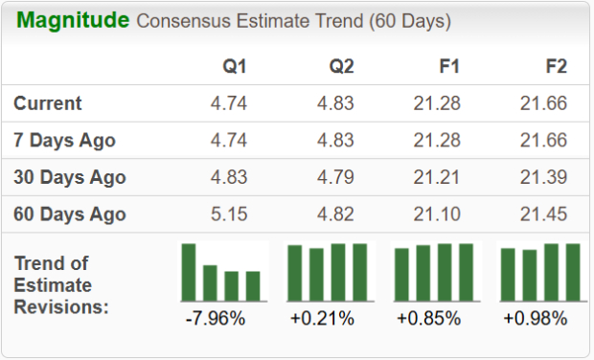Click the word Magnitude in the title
click(73, 21)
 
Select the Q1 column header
click(235, 66)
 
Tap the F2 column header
click(555, 66)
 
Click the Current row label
click(48, 103)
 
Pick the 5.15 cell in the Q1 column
click(228, 214)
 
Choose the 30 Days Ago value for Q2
click(336, 177)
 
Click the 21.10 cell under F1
click(437, 214)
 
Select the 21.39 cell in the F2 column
click(542, 177)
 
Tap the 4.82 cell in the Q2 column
click(336, 214)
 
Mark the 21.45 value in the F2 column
click(542, 214)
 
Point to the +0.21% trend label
click(322, 318)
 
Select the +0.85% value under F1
click(428, 318)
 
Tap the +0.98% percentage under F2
click(535, 318)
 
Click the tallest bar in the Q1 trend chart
click(189, 273)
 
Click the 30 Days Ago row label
click(70, 177)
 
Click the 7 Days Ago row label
click(65, 140)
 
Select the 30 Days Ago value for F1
click(437, 177)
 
